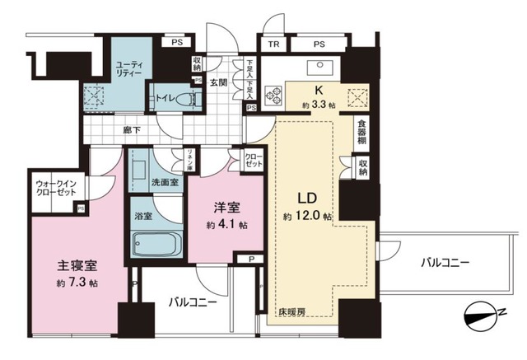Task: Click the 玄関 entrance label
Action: pyautogui.click(x=218, y=82)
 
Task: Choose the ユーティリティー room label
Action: pyautogui.click(x=130, y=68)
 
